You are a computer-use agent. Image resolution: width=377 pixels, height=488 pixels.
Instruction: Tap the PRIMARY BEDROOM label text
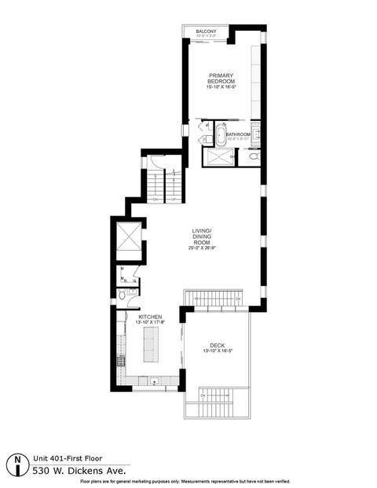[221, 79]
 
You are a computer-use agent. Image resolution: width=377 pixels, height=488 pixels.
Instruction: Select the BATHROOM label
[238, 134]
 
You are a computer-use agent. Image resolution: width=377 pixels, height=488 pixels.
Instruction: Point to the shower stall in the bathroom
[218, 156]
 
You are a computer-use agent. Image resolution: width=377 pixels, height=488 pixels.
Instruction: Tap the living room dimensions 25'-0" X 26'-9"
[202, 248]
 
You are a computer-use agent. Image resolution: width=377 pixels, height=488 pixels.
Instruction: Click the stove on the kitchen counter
[122, 362]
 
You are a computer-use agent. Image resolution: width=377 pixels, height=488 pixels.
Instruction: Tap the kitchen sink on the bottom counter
[155, 383]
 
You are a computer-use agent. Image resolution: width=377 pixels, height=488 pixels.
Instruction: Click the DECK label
[216, 345]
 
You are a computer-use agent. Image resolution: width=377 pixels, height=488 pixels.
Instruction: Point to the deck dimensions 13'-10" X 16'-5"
[216, 351]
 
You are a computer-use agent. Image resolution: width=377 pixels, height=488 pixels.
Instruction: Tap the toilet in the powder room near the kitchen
[125, 296]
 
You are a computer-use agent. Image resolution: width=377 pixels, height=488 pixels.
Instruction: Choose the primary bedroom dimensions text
[221, 86]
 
